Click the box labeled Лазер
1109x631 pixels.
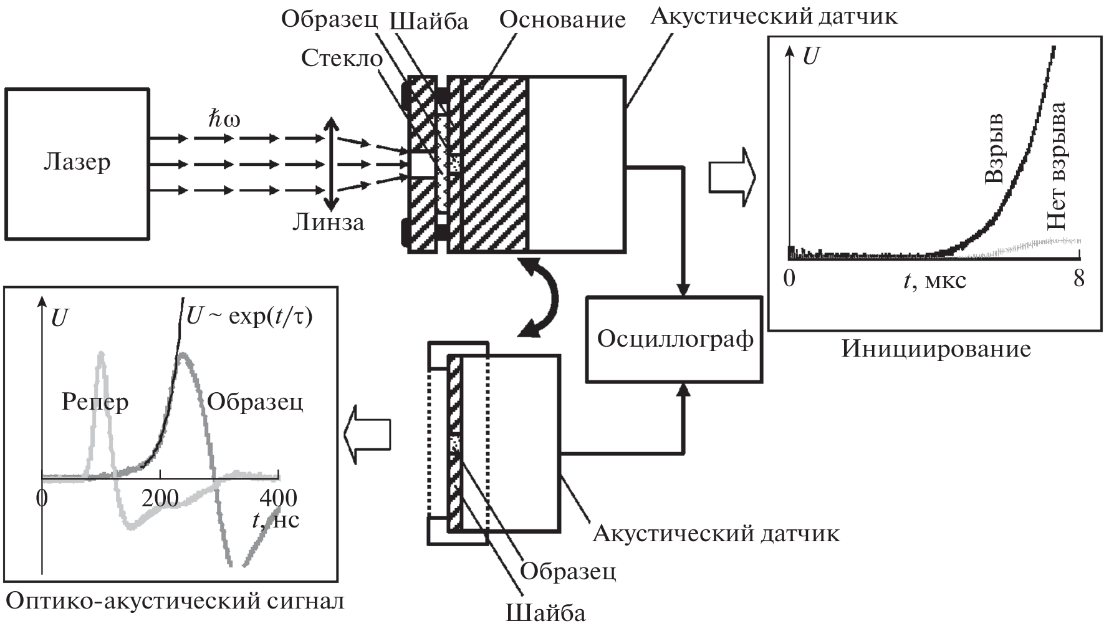click(x=77, y=163)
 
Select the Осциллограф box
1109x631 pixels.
click(x=675, y=339)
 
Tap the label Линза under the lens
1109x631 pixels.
click(x=329, y=223)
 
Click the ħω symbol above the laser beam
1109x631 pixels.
click(x=224, y=120)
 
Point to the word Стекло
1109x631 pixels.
click(x=342, y=58)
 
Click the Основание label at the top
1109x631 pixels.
click(x=562, y=20)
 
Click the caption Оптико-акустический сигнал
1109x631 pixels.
click(x=175, y=602)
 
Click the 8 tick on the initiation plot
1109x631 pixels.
click(x=1079, y=278)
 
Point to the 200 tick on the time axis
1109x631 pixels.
click(x=160, y=499)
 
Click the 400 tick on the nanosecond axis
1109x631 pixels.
click(x=278, y=499)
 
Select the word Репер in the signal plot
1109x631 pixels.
click(x=95, y=402)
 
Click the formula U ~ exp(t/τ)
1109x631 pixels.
click(x=249, y=317)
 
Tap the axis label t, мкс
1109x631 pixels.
click(x=935, y=281)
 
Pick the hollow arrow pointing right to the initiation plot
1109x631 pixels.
click(x=732, y=176)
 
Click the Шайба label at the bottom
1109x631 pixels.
click(x=545, y=613)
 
